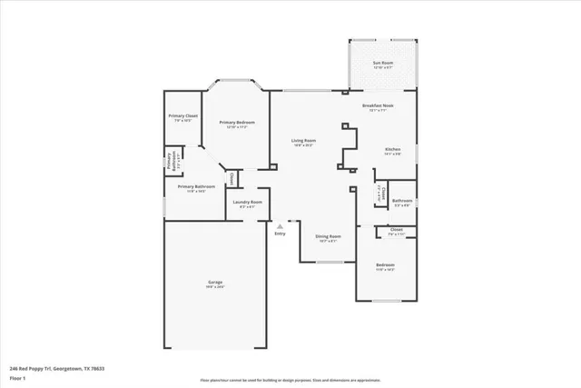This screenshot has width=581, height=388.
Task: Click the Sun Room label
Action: [382, 63]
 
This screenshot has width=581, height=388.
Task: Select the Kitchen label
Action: [392, 149]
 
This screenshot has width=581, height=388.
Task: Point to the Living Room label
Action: [303, 141]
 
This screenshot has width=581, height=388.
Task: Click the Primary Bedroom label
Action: [237, 124]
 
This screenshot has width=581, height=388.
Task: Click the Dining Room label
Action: [327, 238]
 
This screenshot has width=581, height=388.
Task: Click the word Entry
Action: [280, 234]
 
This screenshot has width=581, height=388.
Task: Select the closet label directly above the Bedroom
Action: [396, 231]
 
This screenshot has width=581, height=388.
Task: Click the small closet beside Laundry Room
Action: [231, 178]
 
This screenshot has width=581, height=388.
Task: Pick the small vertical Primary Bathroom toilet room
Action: [170, 161]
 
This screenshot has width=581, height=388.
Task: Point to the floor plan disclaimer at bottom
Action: [290, 381]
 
